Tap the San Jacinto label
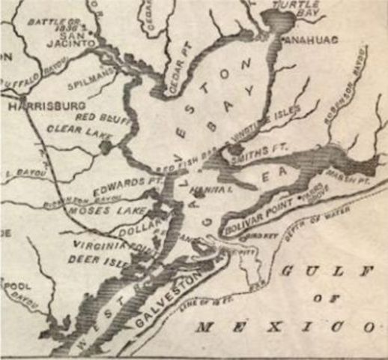75,38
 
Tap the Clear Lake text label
75,130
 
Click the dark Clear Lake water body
106,145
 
